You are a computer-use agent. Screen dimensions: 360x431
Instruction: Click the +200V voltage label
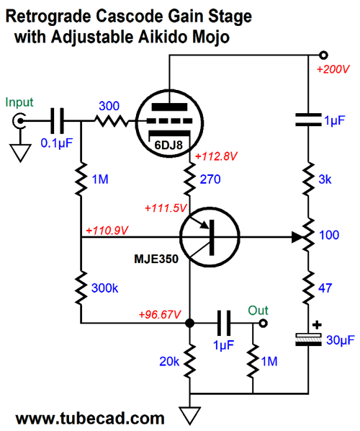click(x=333, y=69)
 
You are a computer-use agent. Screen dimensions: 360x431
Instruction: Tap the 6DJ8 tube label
click(x=168, y=145)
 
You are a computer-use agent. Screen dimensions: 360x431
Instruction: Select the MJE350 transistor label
click(x=156, y=259)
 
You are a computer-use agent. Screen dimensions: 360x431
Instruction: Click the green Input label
click(x=19, y=103)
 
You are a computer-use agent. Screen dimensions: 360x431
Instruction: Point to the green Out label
click(x=258, y=311)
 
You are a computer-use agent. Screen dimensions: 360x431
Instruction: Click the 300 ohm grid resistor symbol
click(x=111, y=120)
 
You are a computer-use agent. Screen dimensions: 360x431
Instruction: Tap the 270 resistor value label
click(x=210, y=179)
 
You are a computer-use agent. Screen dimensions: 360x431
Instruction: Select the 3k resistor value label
click(x=325, y=179)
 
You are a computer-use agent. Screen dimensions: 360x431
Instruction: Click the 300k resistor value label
click(x=104, y=288)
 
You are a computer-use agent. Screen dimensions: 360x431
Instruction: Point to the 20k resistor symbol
click(x=189, y=360)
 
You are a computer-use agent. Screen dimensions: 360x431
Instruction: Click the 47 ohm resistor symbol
click(x=308, y=288)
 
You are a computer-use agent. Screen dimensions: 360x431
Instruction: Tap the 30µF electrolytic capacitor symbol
click(x=308, y=339)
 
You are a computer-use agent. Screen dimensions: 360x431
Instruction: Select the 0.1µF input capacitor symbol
click(x=57, y=120)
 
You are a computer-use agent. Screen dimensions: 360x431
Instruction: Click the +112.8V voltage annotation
click(x=216, y=156)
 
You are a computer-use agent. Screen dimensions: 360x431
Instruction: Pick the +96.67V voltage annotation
click(x=160, y=314)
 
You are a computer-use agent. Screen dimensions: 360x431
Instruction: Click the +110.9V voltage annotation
click(x=107, y=231)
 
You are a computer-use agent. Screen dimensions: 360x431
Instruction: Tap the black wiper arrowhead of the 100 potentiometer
click(x=297, y=237)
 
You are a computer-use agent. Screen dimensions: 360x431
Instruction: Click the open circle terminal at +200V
click(x=324, y=55)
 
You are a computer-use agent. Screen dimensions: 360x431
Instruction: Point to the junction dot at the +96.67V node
click(x=189, y=323)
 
